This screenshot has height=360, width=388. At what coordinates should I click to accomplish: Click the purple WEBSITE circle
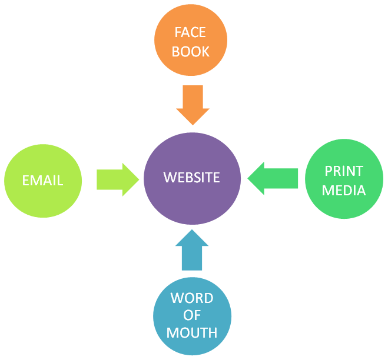click(192, 178)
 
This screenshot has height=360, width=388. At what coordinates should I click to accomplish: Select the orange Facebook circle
click(191, 40)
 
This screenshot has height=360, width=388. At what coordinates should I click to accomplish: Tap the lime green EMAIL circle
click(42, 180)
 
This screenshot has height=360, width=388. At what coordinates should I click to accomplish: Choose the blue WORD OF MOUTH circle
click(192, 315)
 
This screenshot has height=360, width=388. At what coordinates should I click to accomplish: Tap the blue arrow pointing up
click(192, 250)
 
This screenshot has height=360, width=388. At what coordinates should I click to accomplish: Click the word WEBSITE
click(192, 177)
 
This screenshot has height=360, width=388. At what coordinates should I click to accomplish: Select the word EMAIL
click(42, 181)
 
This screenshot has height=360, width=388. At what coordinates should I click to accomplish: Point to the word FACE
click(191, 32)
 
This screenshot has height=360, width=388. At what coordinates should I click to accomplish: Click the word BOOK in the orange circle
click(191, 51)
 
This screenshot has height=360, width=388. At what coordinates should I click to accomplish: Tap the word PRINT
click(344, 171)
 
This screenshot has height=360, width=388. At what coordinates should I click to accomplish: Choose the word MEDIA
click(344, 190)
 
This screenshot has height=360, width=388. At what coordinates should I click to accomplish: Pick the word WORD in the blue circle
click(192, 298)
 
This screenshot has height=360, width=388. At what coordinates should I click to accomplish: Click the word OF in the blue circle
click(192, 315)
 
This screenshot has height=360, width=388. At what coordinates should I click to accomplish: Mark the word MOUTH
click(192, 333)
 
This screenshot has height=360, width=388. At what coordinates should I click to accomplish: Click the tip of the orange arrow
click(193, 124)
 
